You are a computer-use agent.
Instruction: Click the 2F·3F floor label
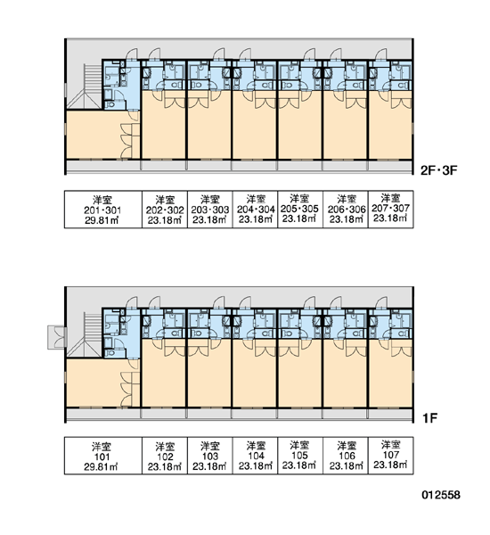(x=438, y=170)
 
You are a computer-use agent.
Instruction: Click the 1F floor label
(x=430, y=417)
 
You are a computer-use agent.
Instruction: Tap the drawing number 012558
(x=441, y=495)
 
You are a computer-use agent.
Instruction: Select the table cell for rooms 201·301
(x=103, y=210)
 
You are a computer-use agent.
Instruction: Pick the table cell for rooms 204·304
(x=256, y=210)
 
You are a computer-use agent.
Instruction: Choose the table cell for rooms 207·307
(x=391, y=210)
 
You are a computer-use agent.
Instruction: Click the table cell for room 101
(x=103, y=456)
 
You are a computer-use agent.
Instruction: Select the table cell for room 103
(x=210, y=456)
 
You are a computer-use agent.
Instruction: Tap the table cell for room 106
(x=346, y=456)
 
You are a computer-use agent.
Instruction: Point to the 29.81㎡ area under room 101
(x=102, y=466)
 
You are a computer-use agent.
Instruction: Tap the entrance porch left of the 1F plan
(x=57, y=337)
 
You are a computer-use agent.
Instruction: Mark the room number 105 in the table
(x=299, y=455)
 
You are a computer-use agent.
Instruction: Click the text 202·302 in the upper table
(x=165, y=210)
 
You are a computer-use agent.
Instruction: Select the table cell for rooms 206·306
(x=346, y=210)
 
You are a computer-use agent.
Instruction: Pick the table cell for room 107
(x=391, y=456)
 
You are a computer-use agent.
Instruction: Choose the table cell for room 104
(x=256, y=456)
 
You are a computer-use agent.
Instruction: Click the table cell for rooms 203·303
(x=210, y=210)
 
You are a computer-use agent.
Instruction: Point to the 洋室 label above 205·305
(x=299, y=198)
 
